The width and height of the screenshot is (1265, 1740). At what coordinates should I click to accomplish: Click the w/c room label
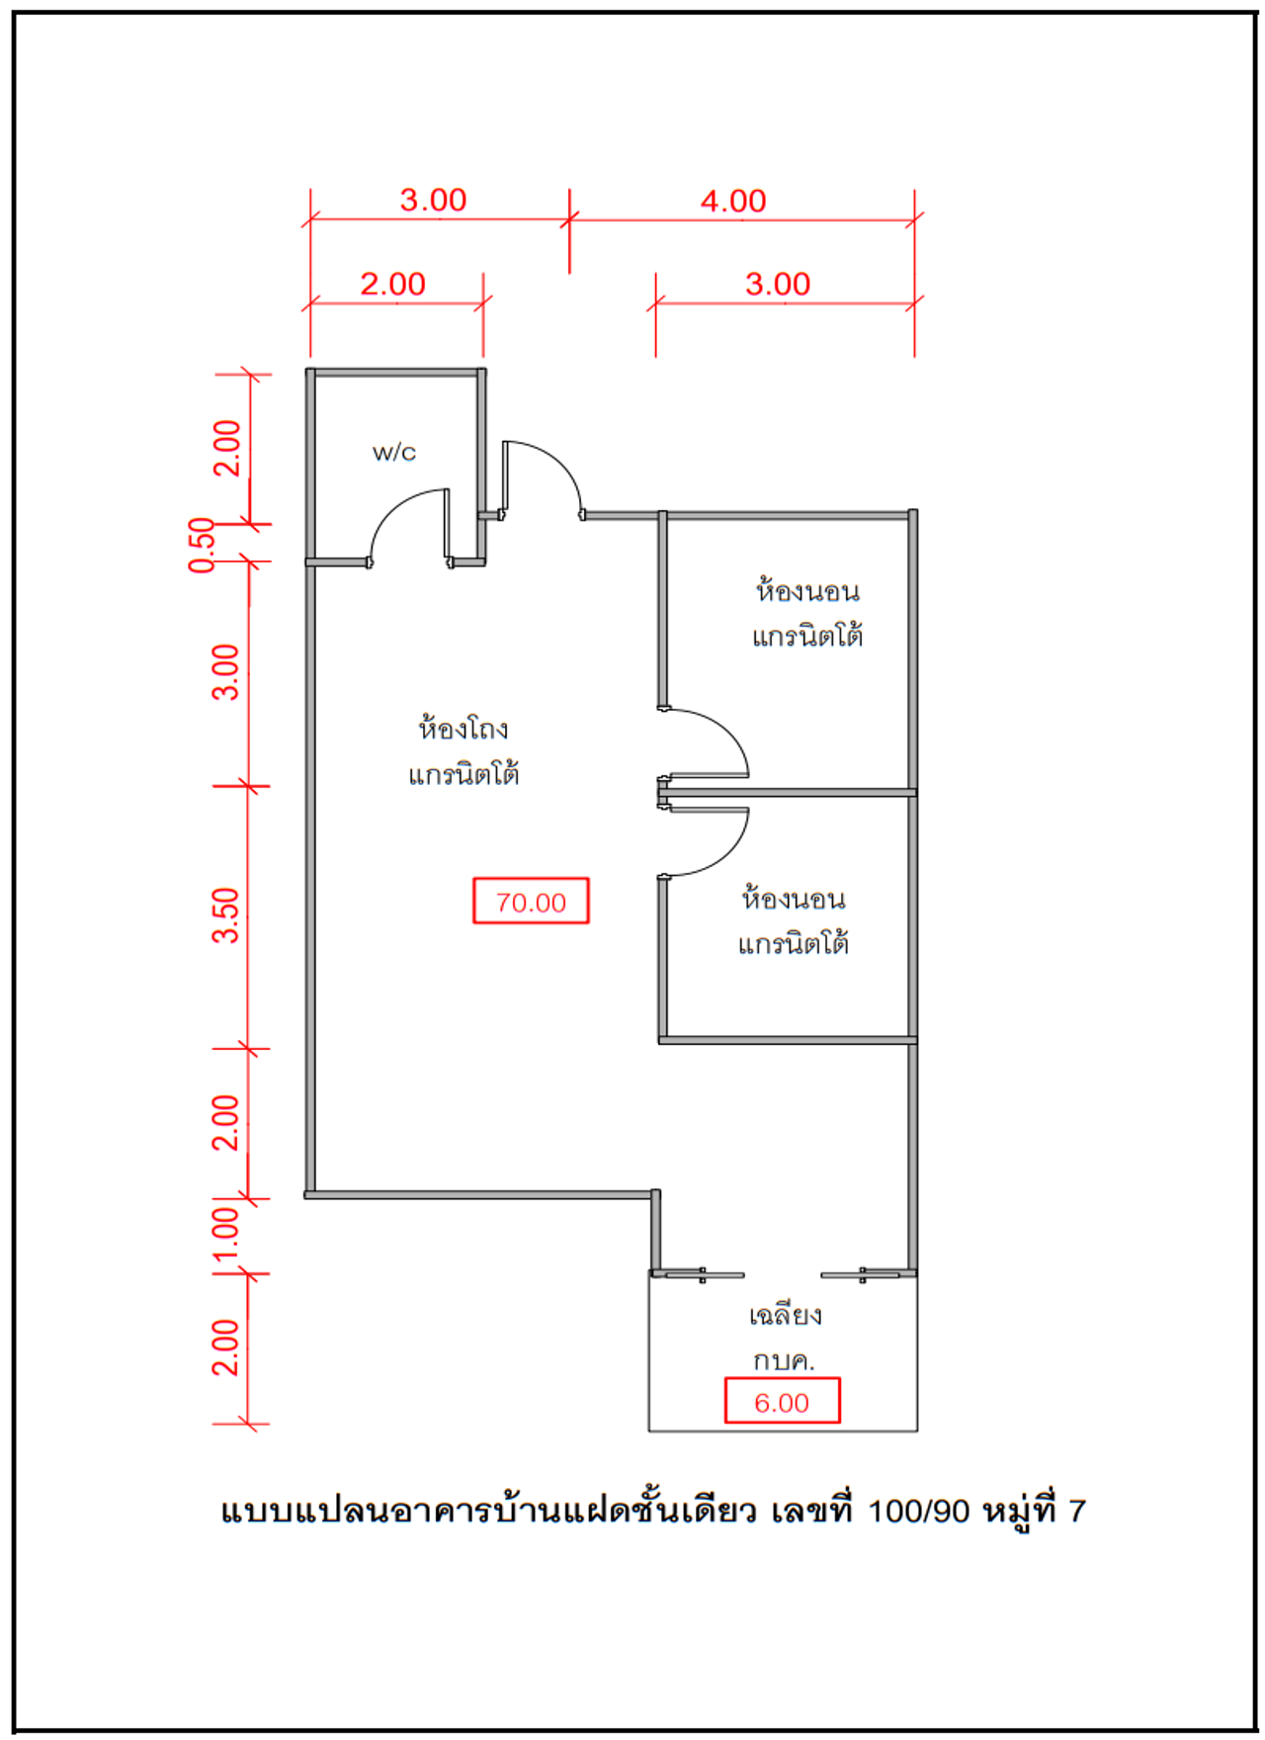pyautogui.click(x=394, y=453)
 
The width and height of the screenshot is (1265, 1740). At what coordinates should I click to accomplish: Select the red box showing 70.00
pyautogui.click(x=531, y=901)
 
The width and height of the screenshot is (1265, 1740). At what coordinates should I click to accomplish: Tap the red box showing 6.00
pyautogui.click(x=782, y=1401)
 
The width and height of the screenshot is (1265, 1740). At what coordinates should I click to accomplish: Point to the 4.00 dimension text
pyautogui.click(x=733, y=202)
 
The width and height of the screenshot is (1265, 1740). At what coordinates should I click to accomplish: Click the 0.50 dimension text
pyautogui.click(x=202, y=545)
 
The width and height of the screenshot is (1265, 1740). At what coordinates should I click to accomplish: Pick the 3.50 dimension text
pyautogui.click(x=226, y=915)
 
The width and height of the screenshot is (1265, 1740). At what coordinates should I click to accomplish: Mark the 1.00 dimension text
pyautogui.click(x=226, y=1234)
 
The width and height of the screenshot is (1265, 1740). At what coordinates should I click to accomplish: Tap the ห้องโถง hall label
pyautogui.click(x=464, y=729)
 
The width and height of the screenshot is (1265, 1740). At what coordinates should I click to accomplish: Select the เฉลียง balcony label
pyautogui.click(x=785, y=1315)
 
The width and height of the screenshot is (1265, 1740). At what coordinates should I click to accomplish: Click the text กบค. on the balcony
pyautogui.click(x=784, y=1361)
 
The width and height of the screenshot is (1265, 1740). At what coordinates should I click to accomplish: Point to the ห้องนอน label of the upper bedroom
pyautogui.click(x=807, y=591)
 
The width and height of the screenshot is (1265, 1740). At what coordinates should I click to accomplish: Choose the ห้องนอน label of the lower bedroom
pyautogui.click(x=794, y=899)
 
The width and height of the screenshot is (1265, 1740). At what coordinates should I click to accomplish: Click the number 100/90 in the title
pyautogui.click(x=918, y=1512)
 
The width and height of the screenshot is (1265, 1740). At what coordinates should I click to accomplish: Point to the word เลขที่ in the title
pyautogui.click(x=811, y=1510)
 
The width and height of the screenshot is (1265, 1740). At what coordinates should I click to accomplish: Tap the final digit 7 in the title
pyautogui.click(x=1077, y=1512)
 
